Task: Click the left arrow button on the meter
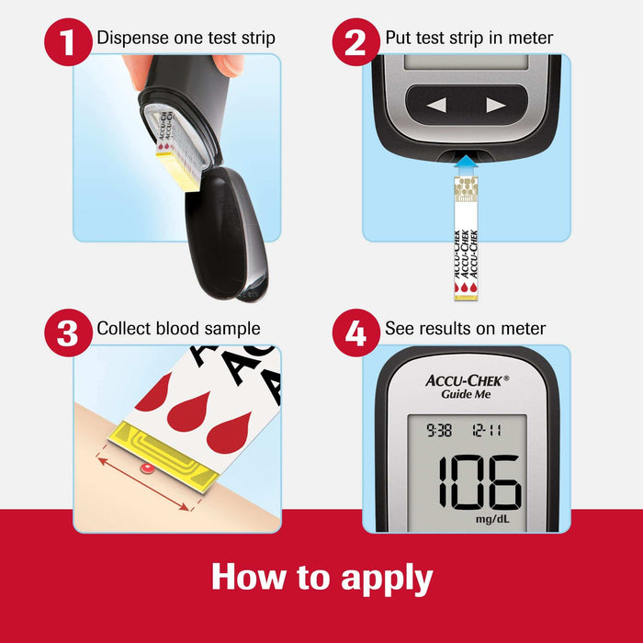[436, 106]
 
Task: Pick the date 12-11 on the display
[490, 428]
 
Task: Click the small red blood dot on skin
[144, 470]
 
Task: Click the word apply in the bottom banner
[387, 578]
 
